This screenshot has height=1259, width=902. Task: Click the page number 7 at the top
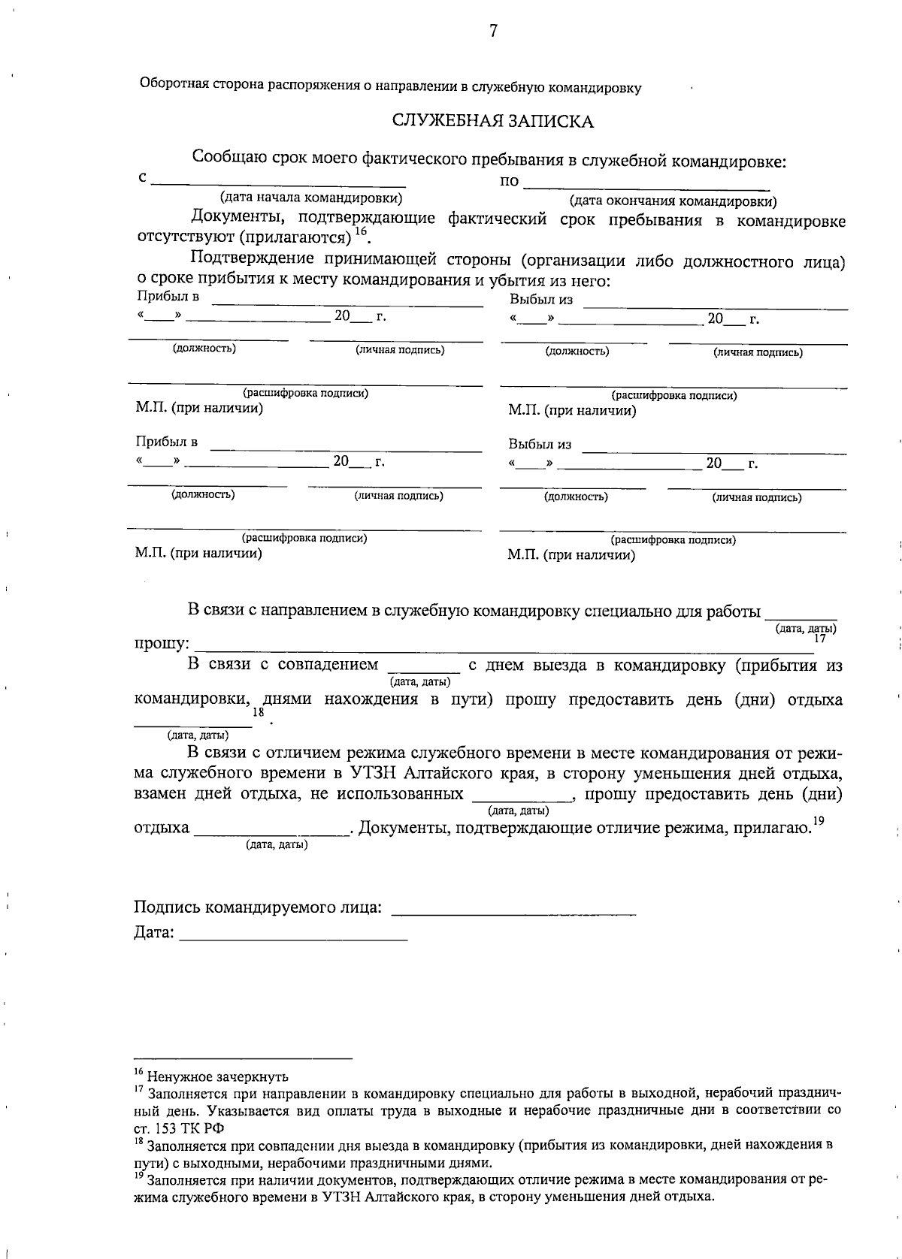coord(493,31)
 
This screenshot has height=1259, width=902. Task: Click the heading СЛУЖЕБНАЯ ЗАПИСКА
coord(493,122)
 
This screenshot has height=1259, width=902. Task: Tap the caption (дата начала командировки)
coord(310,198)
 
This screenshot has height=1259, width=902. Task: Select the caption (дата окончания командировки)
coord(673,201)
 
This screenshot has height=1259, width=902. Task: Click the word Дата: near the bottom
coord(154,933)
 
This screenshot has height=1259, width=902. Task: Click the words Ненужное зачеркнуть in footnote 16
coord(218,1078)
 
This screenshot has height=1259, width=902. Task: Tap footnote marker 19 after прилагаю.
coord(819,821)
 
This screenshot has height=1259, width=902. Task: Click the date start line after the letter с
coord(278,185)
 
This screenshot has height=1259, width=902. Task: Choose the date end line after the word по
coord(646,186)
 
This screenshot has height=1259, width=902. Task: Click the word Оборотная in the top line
coord(168,84)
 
